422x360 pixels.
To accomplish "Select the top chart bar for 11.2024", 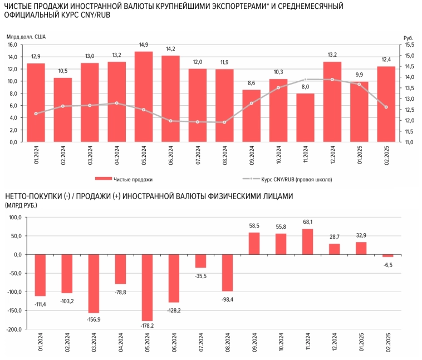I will click(305, 117).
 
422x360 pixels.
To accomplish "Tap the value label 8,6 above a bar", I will click(252, 82).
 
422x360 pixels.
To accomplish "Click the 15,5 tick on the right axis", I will click(409, 45).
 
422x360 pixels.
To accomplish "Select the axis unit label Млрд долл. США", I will click(26, 37).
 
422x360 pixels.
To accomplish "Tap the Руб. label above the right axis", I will click(409, 37).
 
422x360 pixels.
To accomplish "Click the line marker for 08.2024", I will click(224, 122).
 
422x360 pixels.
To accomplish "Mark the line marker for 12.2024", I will click(332, 80).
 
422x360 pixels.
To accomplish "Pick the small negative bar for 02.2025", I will click(388, 255).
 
